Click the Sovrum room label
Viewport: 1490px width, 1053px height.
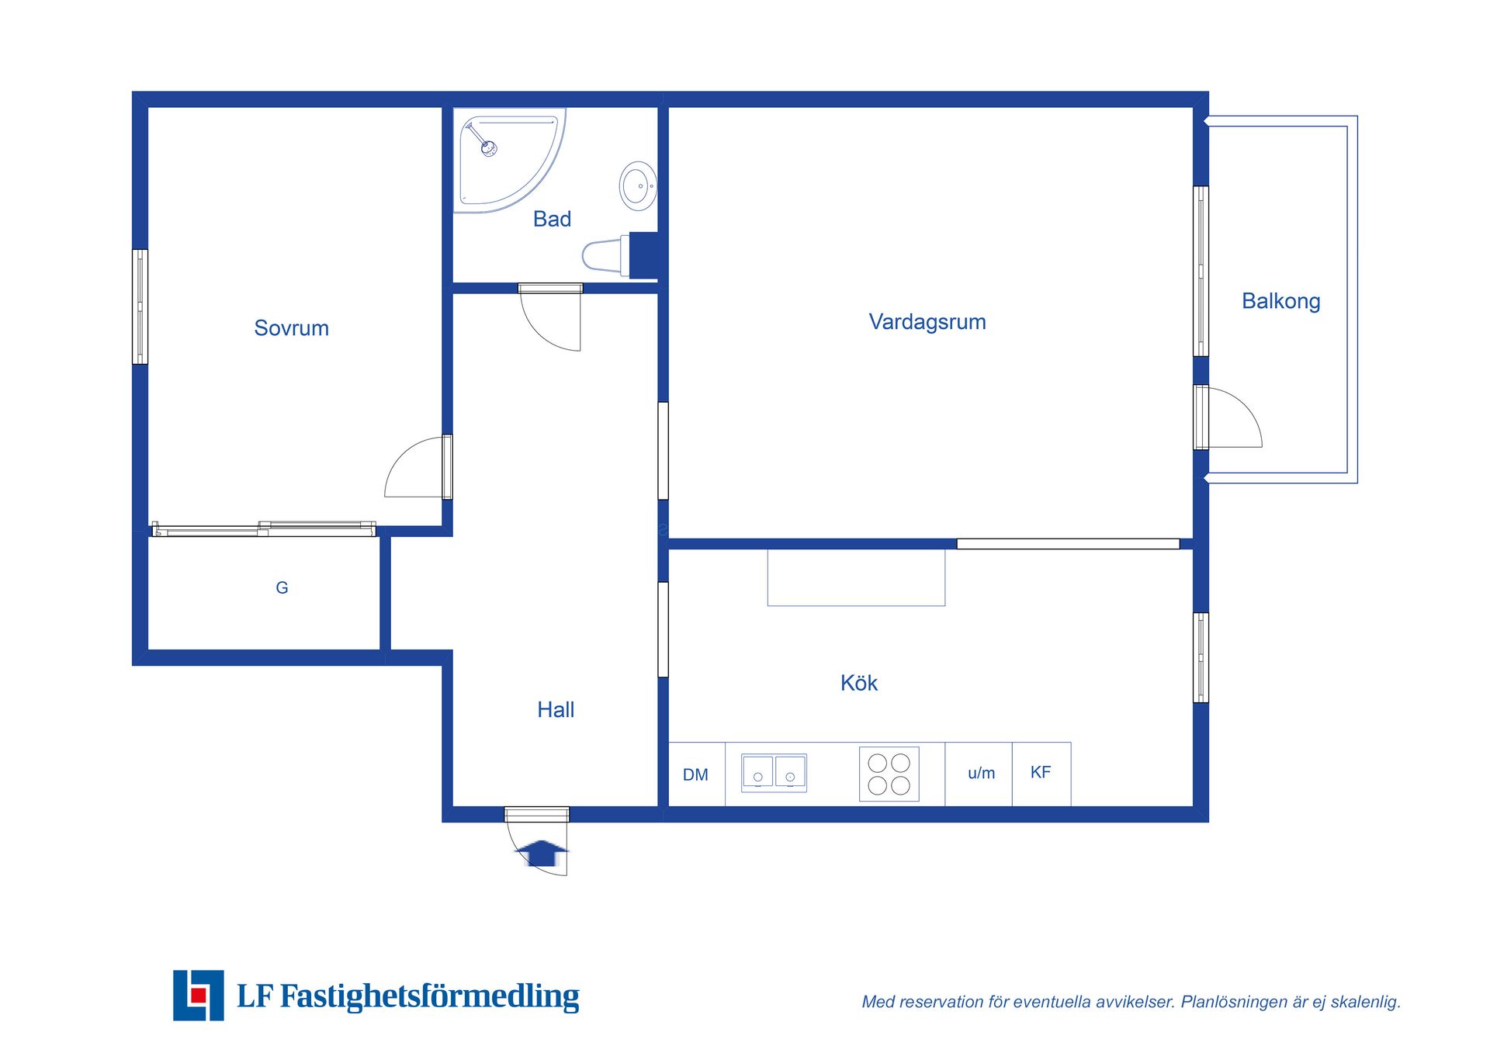click(x=291, y=328)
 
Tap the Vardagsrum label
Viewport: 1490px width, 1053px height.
click(x=927, y=322)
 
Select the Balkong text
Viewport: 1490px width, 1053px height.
click(x=1281, y=301)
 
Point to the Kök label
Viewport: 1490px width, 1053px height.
click(x=859, y=683)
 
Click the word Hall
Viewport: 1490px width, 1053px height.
click(x=556, y=710)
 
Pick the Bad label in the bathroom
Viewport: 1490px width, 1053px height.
click(x=552, y=220)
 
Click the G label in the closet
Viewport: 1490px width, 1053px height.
click(x=282, y=588)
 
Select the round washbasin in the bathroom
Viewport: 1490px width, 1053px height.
click(x=639, y=186)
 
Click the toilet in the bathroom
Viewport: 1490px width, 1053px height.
click(x=606, y=255)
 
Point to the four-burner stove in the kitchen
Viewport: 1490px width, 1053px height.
click(x=889, y=774)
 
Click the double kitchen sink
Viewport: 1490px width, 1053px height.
click(x=774, y=773)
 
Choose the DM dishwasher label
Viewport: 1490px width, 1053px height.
click(x=695, y=775)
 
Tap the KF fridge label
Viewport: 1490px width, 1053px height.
click(x=1041, y=773)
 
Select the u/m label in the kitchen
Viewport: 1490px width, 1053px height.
click(x=982, y=774)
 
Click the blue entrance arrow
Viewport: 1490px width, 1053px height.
click(x=542, y=853)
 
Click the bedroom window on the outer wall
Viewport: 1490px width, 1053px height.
click(x=140, y=307)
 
